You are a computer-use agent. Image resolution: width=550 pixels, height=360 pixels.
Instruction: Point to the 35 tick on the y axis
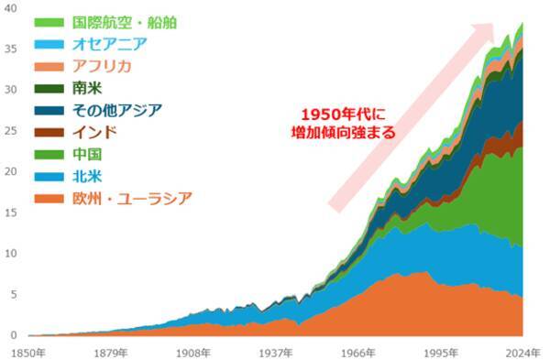[x=12, y=49]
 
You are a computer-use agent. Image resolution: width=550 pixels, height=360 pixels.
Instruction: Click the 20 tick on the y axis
[x=12, y=171]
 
